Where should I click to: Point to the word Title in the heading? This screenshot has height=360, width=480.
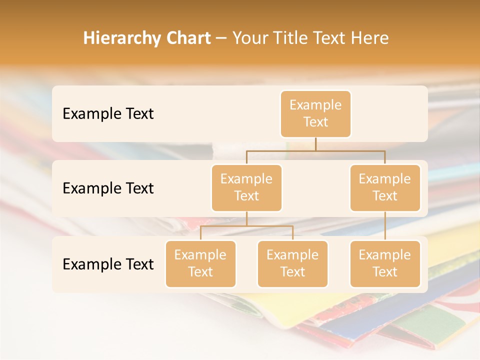293,38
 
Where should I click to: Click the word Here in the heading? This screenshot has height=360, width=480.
370,38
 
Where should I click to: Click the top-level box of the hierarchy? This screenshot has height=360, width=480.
315,113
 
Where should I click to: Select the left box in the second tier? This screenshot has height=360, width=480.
246,187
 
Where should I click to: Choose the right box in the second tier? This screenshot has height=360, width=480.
385,187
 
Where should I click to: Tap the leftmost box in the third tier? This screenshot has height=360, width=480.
200,263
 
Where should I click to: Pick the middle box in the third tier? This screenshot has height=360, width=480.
292,263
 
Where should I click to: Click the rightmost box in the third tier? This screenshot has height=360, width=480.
385,263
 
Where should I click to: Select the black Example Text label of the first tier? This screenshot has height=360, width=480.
108,114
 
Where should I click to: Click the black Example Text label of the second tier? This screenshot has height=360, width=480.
108,188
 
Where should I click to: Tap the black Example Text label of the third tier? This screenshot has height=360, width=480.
108,264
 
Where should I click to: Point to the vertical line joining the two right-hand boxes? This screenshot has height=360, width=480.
385,226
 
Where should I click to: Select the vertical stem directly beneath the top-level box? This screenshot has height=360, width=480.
315,144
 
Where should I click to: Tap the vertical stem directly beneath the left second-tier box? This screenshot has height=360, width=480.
246,218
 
